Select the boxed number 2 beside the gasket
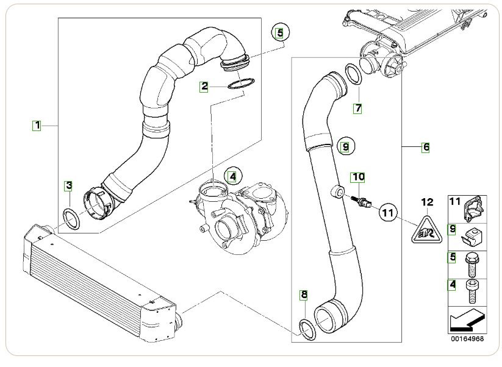coord(206,87)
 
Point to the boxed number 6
coord(425,147)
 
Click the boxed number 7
coord(358,109)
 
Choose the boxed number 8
coord(304,295)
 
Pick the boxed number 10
coord(357,177)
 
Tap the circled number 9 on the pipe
coord(345,147)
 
